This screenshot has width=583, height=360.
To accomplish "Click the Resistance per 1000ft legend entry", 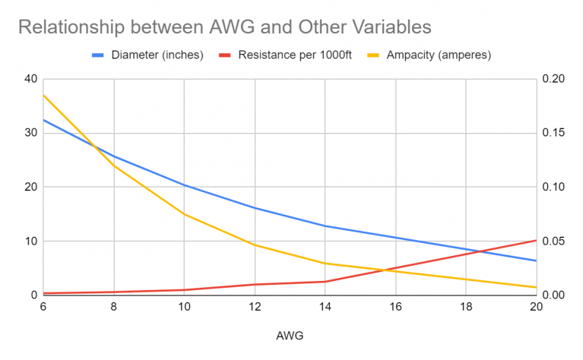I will tap(296, 55).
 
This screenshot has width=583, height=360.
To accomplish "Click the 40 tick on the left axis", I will tap(30, 79).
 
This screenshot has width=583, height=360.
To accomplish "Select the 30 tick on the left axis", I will tap(30, 133).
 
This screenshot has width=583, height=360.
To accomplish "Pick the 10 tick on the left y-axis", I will tap(30, 242).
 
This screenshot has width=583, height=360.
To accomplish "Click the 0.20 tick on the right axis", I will tap(554, 79).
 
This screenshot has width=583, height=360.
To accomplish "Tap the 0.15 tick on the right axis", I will tap(554, 133).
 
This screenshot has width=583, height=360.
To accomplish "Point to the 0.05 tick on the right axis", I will tap(554, 242).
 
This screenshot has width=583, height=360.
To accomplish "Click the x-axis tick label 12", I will tap(255, 307).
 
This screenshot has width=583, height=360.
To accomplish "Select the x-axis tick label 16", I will tap(395, 307).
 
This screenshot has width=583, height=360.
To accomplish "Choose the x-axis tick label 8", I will tap(113, 307).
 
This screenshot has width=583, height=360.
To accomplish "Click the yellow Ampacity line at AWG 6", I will tap(43, 95).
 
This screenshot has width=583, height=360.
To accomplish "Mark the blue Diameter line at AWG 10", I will tap(184, 185).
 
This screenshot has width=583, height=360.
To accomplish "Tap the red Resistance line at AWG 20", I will tap(536, 240).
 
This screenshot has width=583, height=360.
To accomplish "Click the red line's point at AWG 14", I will tap(325, 282).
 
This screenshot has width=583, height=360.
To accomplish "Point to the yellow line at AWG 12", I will tap(255, 245).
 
